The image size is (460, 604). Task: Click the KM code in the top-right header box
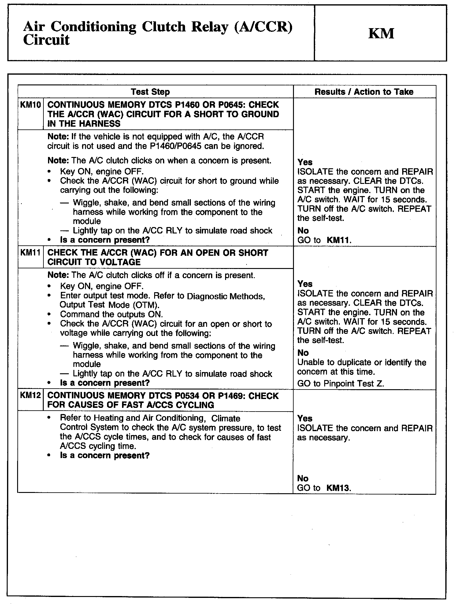point(381,33)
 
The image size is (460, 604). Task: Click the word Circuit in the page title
point(46,40)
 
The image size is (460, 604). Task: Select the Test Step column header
point(150,92)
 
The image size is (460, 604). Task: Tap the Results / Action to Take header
point(364,92)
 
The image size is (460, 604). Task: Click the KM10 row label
point(30,105)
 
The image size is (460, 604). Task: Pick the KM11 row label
point(30,253)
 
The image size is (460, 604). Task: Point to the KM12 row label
point(30,395)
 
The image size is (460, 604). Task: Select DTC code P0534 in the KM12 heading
point(190,396)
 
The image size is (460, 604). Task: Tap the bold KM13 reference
point(338,488)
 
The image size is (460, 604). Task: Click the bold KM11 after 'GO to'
point(339,240)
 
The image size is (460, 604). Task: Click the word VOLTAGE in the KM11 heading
point(118,262)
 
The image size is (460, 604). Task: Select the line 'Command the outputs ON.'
point(111,315)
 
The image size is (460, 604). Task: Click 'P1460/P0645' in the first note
point(176,146)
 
